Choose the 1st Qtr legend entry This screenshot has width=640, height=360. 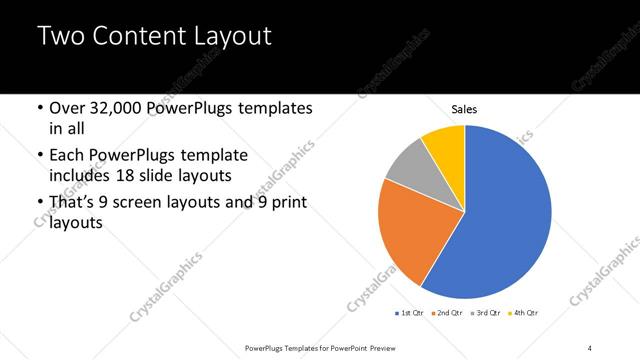pyautogui.click(x=411, y=314)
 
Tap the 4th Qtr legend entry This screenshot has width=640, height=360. pyautogui.click(x=523, y=314)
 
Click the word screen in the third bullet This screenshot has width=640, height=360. pyautogui.click(x=152, y=203)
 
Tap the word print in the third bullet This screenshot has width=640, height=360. pyautogui.click(x=286, y=203)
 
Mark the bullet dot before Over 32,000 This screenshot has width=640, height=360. pyautogui.click(x=38, y=108)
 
